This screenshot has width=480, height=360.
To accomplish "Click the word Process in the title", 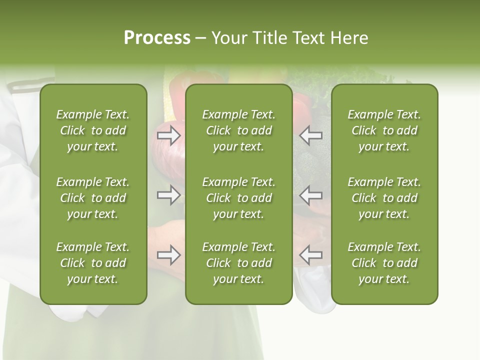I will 157,38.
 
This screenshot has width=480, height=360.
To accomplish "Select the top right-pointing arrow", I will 168,135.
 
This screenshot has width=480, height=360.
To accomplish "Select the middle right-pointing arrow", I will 168,195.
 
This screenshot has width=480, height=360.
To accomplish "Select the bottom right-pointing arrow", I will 168,255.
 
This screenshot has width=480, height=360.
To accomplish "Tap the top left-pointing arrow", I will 311,135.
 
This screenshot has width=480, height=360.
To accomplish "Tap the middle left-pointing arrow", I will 311,195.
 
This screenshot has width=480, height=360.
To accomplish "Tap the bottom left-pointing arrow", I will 311,255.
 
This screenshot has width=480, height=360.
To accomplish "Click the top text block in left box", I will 93,130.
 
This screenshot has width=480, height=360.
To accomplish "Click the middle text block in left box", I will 93,198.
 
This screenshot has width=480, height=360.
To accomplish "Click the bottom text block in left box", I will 93,263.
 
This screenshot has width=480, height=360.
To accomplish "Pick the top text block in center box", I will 239,130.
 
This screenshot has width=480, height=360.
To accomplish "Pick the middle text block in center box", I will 239,198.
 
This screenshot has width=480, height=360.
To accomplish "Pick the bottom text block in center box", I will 239,263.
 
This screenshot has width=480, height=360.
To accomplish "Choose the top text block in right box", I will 384,130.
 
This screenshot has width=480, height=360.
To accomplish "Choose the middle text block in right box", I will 384,198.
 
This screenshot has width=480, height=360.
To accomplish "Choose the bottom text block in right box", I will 384,263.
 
